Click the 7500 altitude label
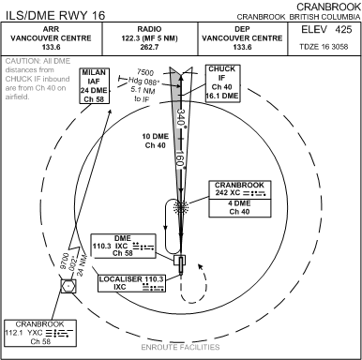[x=144, y=73]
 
